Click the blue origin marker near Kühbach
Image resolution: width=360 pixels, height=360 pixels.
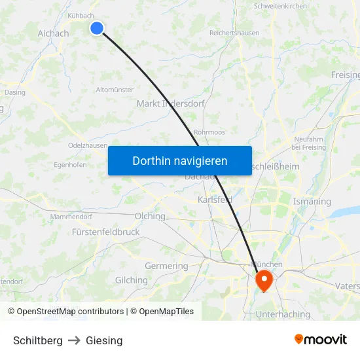[x=97, y=27]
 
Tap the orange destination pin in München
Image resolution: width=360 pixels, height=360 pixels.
[x=264, y=281]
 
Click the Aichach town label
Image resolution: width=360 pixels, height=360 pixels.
[x=53, y=33]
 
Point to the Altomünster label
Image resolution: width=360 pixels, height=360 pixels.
[x=115, y=90]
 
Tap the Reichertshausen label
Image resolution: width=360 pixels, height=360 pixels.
[x=234, y=33]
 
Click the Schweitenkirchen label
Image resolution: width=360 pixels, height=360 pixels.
[x=280, y=6]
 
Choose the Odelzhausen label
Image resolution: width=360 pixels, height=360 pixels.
[x=88, y=145]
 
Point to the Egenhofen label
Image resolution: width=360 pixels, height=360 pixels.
[x=70, y=165]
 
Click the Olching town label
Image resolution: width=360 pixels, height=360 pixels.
[x=150, y=215]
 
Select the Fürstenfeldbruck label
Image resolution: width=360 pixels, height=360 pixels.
[x=106, y=232]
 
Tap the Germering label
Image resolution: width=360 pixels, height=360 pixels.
[x=166, y=266]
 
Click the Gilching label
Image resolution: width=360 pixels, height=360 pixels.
[x=132, y=280]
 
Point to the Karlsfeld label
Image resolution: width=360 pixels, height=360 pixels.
[x=215, y=200]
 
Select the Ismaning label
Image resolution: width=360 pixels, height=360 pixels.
[x=312, y=202]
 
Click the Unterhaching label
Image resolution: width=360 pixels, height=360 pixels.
[x=283, y=314]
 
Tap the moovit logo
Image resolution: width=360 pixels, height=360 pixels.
[x=321, y=339]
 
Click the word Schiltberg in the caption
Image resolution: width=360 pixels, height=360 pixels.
[x=38, y=340]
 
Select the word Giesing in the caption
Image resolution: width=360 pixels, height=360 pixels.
[x=104, y=340]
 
